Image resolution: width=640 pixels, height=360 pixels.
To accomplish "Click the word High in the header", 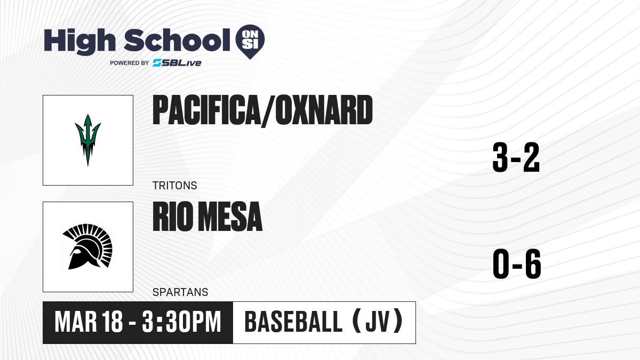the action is click(x=80, y=42).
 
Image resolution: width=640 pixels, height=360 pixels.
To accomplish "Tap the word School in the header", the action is click(x=177, y=40).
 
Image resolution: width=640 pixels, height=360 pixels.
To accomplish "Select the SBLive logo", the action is click(x=177, y=63).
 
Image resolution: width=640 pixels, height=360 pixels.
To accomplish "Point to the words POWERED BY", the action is click(x=130, y=63).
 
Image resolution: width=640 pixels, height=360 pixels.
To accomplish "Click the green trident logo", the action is click(x=87, y=140).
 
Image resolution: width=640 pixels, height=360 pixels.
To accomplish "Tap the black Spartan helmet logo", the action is click(x=87, y=246).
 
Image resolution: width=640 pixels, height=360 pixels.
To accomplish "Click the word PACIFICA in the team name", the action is click(x=205, y=110).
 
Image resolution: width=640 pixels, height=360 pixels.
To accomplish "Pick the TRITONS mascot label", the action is click(x=175, y=186).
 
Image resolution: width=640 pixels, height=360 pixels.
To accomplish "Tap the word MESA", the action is click(x=230, y=217).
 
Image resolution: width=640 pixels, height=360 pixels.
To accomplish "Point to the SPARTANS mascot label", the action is click(x=180, y=292).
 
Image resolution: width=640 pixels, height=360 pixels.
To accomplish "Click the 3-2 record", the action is click(x=516, y=157).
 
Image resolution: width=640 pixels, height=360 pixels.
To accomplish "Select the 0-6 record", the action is click(x=517, y=263).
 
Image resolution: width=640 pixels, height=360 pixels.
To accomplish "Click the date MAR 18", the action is click(x=89, y=322).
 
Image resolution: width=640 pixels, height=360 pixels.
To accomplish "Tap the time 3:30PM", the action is click(x=181, y=322).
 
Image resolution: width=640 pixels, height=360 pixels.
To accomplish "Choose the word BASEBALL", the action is click(x=293, y=322).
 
